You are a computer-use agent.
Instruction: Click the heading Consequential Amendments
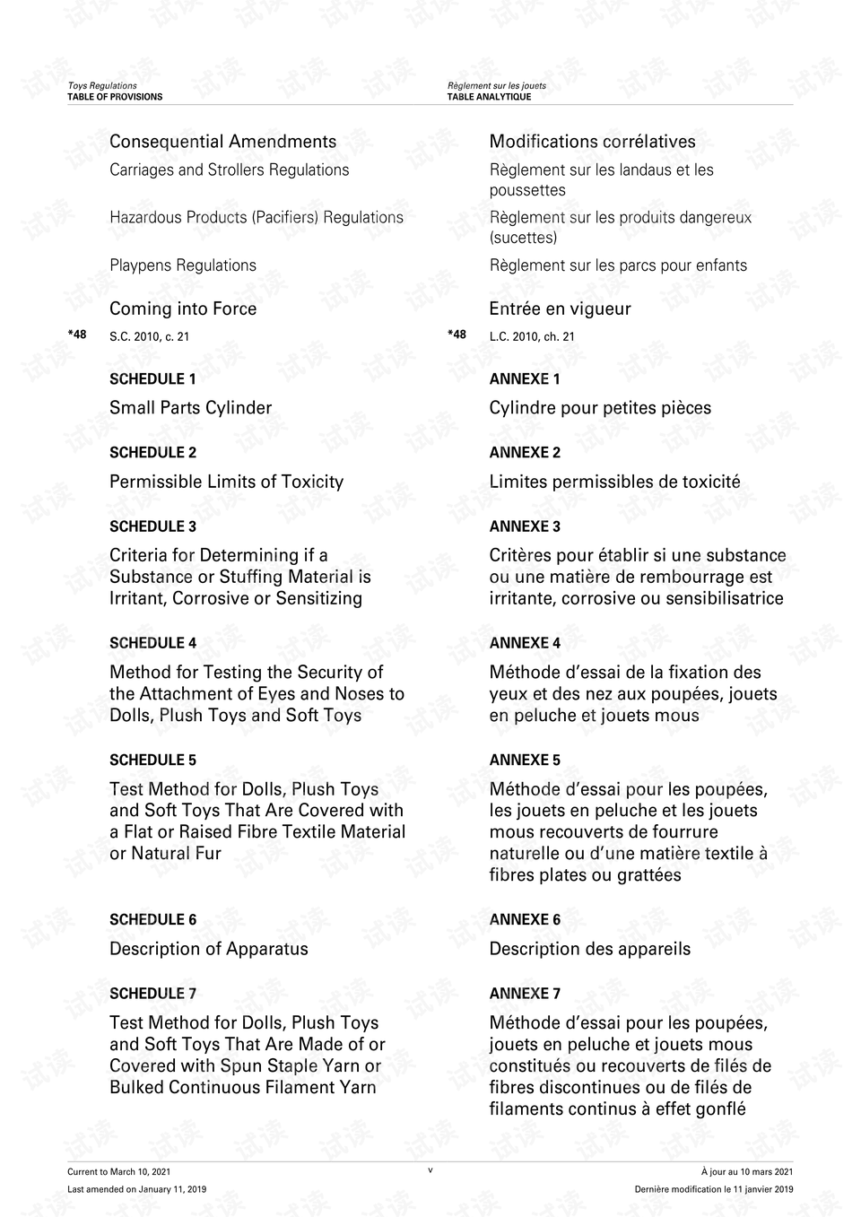(x=222, y=142)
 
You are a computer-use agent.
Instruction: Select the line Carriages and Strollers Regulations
(x=229, y=170)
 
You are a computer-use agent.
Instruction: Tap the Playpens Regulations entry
(x=182, y=265)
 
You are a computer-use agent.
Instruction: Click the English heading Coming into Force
(x=183, y=309)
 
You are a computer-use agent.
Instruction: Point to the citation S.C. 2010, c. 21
(x=149, y=337)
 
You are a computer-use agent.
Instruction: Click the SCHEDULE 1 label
(x=152, y=379)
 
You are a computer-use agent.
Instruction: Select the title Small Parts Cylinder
(x=190, y=408)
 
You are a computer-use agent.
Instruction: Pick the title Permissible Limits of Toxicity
(x=226, y=482)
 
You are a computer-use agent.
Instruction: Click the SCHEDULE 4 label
(x=152, y=643)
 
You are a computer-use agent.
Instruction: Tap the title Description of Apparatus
(x=208, y=949)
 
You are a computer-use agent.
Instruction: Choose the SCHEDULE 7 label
(x=152, y=994)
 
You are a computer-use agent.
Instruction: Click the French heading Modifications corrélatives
(x=592, y=142)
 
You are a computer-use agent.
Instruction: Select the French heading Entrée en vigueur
(x=560, y=309)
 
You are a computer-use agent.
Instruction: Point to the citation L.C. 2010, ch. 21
(x=532, y=337)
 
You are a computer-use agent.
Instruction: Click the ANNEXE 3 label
(x=525, y=526)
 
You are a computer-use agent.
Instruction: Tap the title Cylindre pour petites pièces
(x=600, y=408)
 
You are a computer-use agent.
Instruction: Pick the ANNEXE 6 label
(x=525, y=920)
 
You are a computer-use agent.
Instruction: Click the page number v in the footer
(x=430, y=1170)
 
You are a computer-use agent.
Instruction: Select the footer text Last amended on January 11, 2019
(x=136, y=1190)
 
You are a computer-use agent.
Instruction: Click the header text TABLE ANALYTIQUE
(x=489, y=97)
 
